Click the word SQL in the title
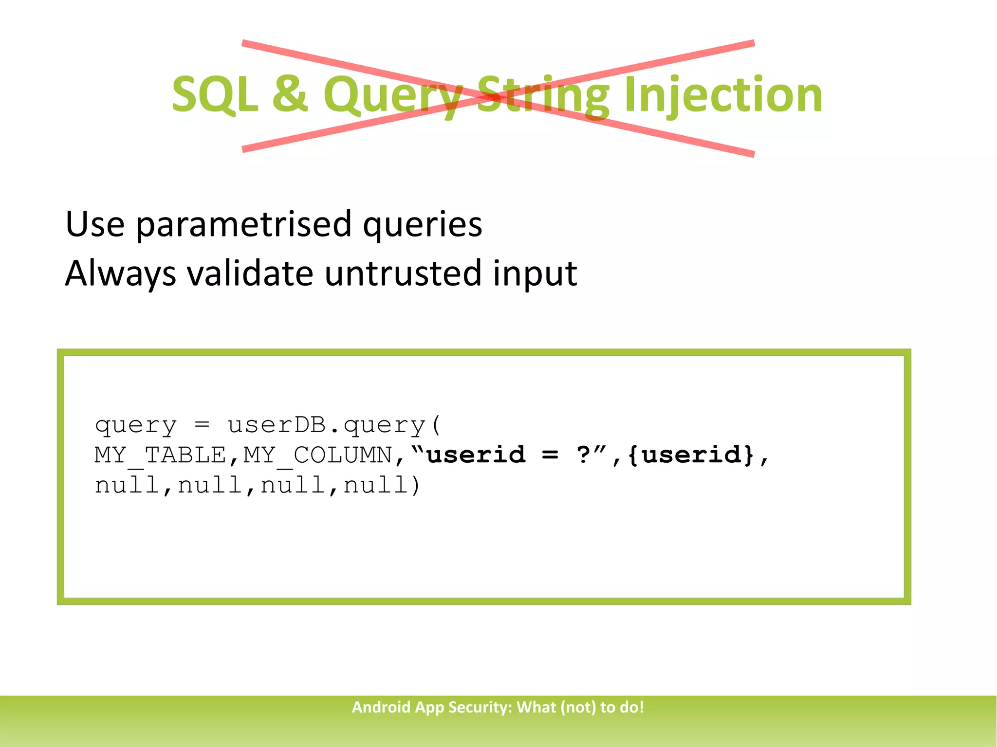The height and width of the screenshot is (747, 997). [x=215, y=95]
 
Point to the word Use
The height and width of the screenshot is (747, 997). [x=95, y=224]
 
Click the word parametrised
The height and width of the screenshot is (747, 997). [x=243, y=225]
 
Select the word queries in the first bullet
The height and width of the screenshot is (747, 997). [x=422, y=225]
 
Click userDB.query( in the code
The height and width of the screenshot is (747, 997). [x=334, y=425]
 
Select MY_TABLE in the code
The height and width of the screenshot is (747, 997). [x=160, y=455]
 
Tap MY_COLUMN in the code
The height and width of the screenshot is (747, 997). [x=317, y=455]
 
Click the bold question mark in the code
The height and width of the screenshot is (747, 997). [x=583, y=455]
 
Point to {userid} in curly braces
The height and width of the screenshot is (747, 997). [x=691, y=455]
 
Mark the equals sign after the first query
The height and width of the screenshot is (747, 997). [x=202, y=425]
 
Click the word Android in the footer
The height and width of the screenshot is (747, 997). [x=381, y=707]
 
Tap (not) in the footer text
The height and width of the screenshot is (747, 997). [x=578, y=707]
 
